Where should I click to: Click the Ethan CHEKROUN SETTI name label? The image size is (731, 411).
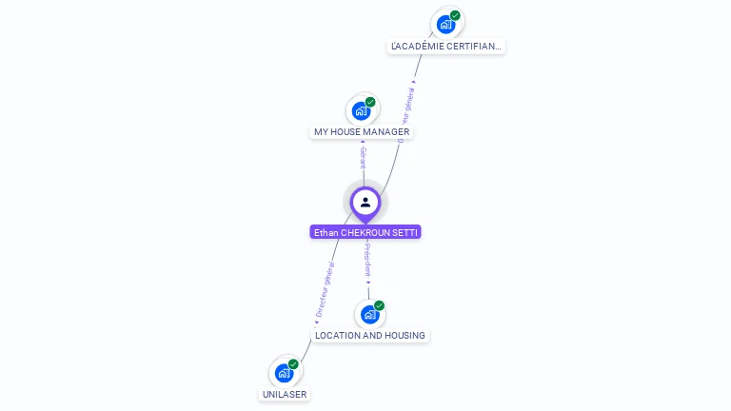(x=365, y=232)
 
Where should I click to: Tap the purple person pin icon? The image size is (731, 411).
(x=365, y=202)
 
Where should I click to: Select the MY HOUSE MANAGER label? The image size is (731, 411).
(x=362, y=131)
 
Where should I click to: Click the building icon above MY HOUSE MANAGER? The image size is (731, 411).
(x=361, y=110)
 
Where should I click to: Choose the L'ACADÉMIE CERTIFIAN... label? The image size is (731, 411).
(x=446, y=46)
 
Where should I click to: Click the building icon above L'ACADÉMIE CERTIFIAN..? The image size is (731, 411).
(x=445, y=24)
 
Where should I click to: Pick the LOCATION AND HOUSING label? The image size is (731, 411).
(x=370, y=335)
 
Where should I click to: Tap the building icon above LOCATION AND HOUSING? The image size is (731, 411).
(x=369, y=314)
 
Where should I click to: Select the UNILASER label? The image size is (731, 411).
(x=286, y=394)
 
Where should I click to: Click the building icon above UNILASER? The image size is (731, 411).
(x=284, y=373)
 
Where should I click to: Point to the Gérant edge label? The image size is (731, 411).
(x=363, y=158)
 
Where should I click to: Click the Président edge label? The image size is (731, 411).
(x=368, y=260)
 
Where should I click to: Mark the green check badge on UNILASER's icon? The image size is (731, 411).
(x=293, y=364)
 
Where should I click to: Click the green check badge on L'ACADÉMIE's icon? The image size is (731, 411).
(x=455, y=15)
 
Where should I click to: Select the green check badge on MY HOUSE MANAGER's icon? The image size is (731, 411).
(x=370, y=102)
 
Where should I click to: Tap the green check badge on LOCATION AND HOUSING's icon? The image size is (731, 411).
(x=379, y=305)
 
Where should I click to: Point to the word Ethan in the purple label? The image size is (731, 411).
(x=326, y=232)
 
